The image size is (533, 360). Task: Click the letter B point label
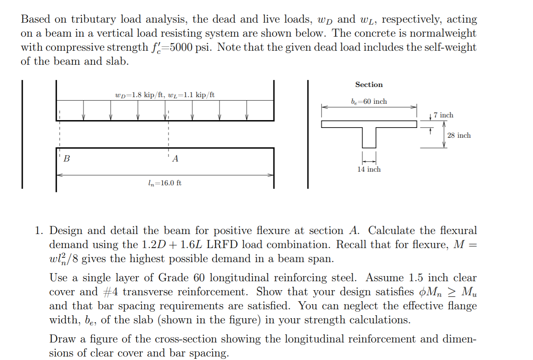[x=67, y=158]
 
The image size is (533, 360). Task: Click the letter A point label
[x=175, y=158]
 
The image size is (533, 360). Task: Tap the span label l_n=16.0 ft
[x=165, y=183]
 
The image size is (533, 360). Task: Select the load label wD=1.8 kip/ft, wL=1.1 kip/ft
[x=165, y=95]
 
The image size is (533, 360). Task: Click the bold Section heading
[x=369, y=85]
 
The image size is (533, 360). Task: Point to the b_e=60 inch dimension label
[x=369, y=101]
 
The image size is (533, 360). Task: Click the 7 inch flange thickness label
[x=443, y=115]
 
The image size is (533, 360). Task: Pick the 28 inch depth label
[x=459, y=135]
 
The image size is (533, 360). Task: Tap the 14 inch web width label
[x=369, y=169]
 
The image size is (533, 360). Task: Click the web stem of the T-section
[x=369, y=138]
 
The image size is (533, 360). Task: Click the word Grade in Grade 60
[x=174, y=278]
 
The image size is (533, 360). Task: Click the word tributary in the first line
[x=94, y=19]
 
